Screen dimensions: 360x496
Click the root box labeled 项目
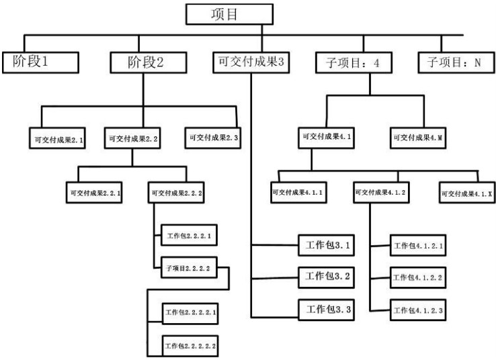[229, 14]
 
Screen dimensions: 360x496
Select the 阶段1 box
[41, 62]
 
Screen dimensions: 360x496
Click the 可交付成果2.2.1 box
[94, 193]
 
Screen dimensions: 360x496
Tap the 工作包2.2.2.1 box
[190, 236]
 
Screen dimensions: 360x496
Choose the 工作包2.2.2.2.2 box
[191, 346]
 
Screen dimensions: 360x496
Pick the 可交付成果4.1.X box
[465, 193]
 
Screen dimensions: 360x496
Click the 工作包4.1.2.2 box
[417, 277]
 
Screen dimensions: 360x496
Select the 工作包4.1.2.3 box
[417, 310]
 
